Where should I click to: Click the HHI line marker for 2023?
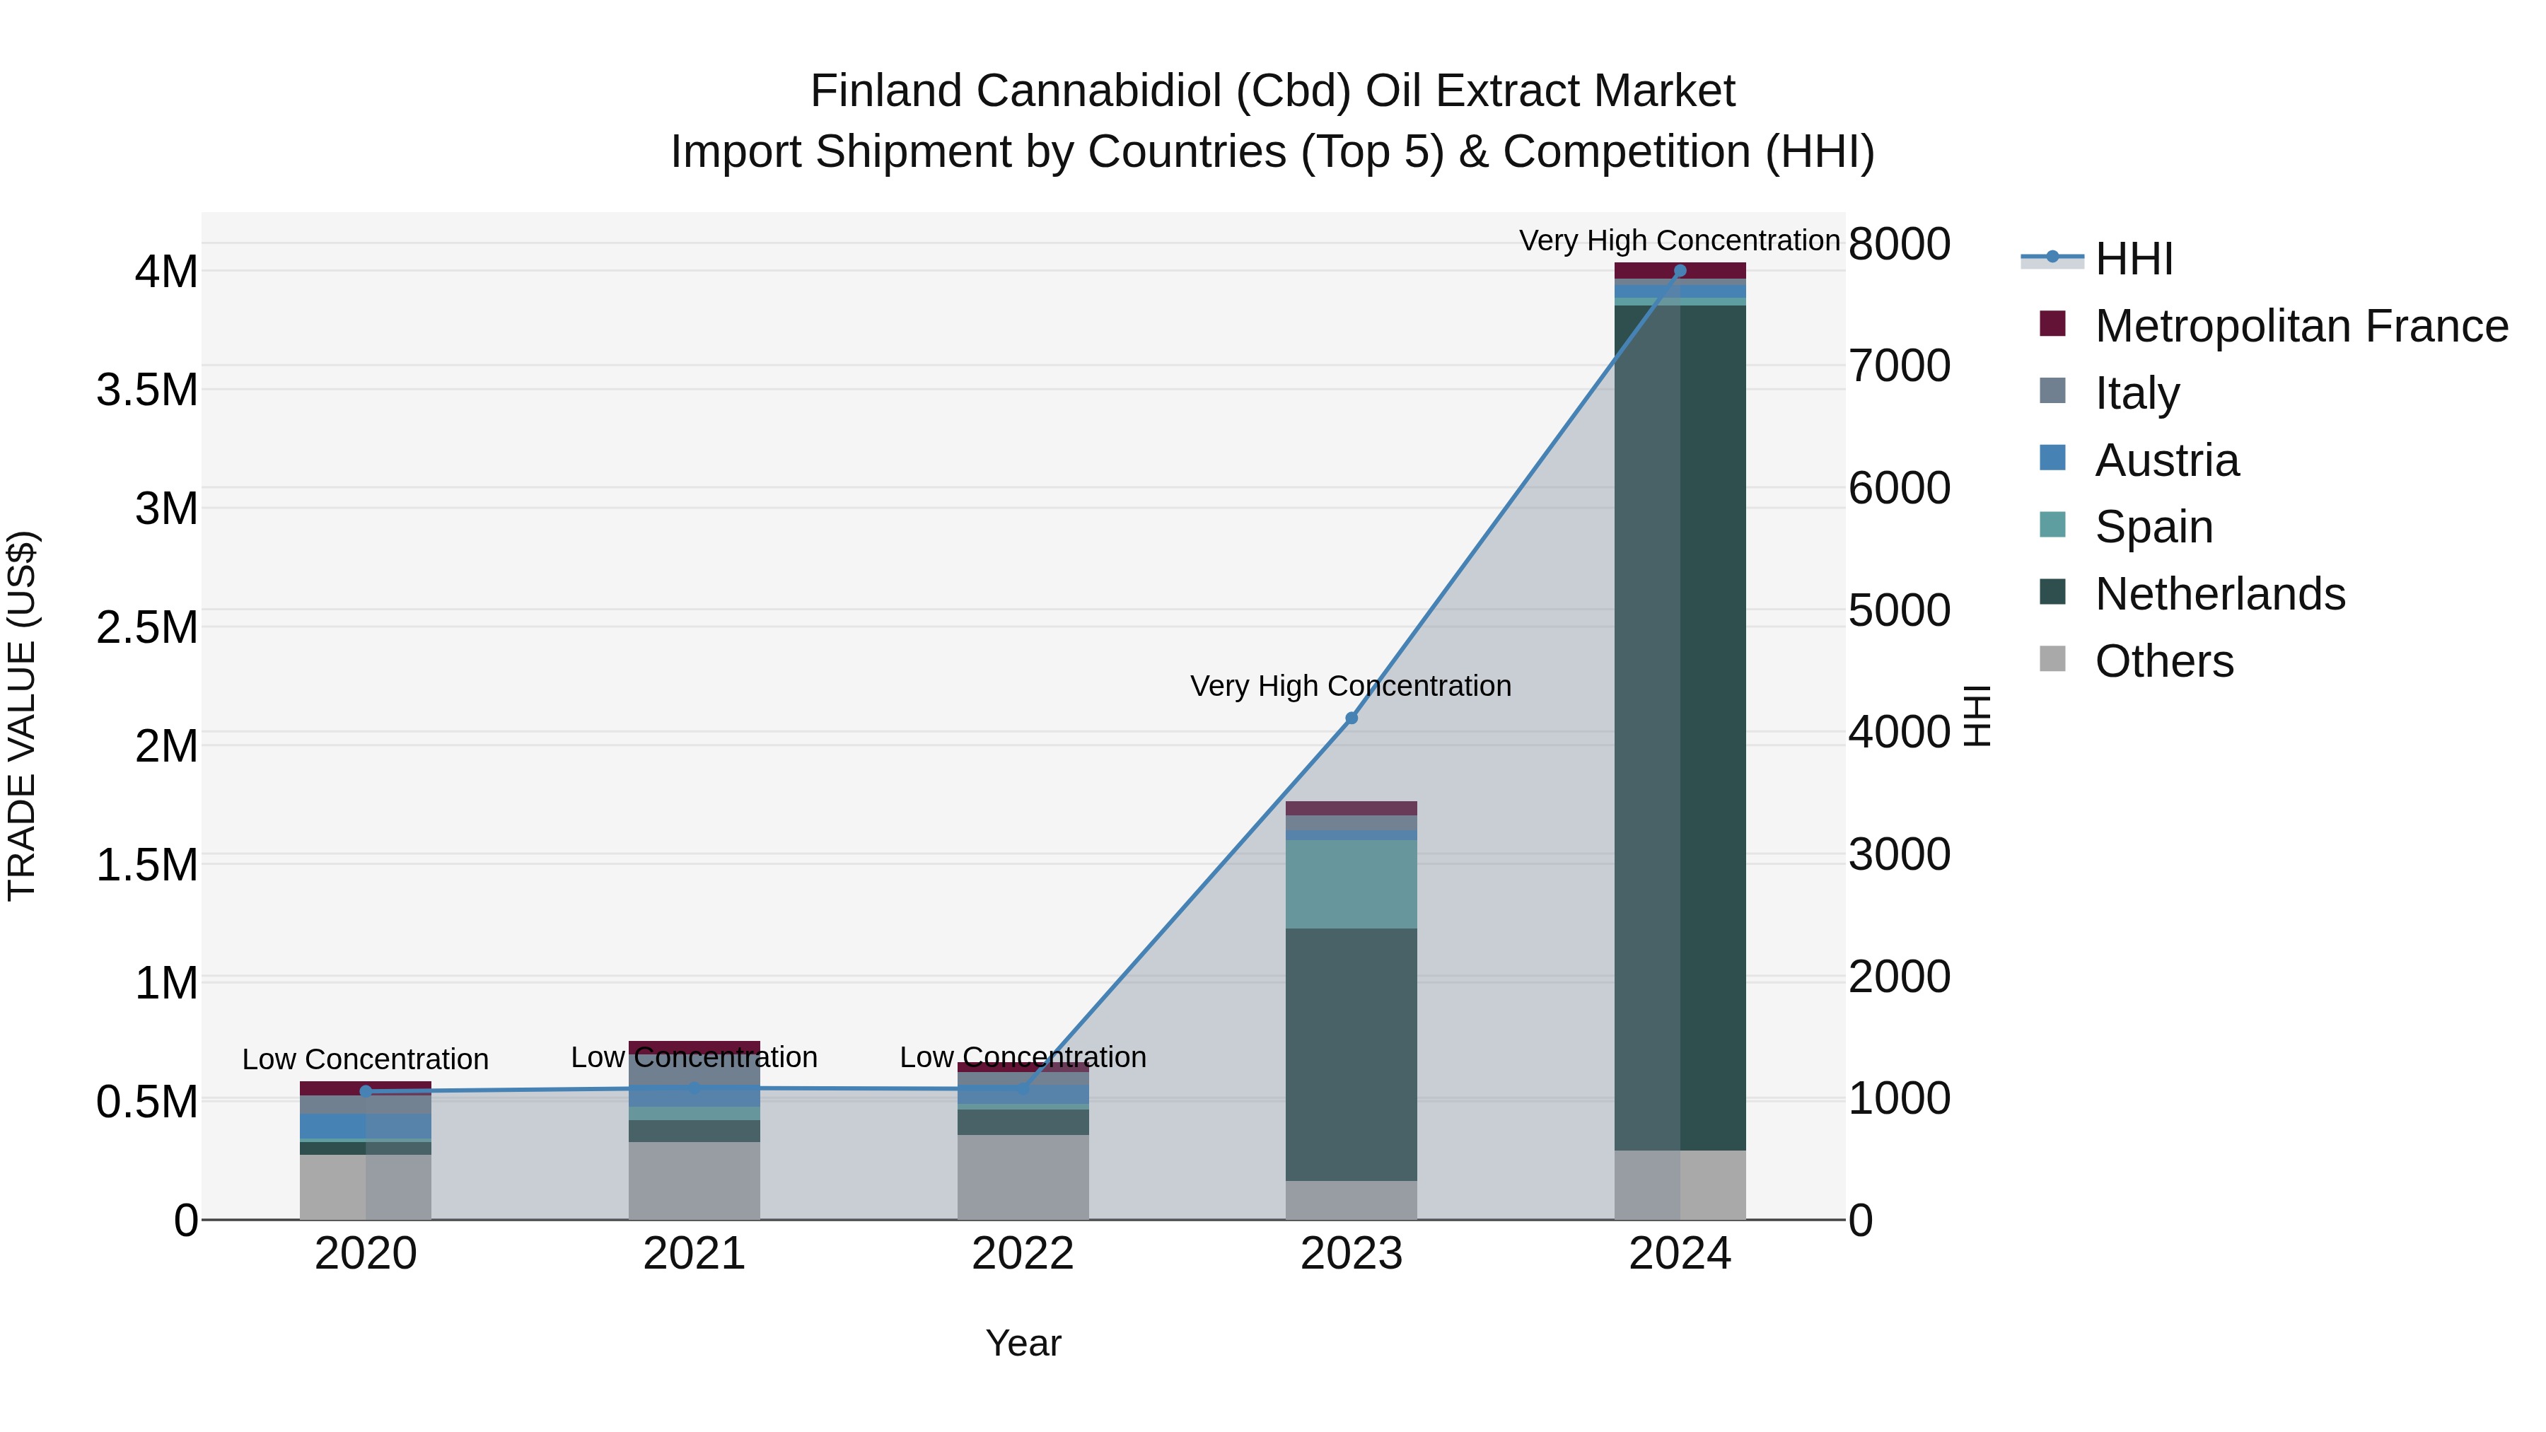point(1351,718)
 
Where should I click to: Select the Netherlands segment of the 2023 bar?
point(1351,1054)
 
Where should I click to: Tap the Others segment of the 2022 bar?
point(1023,1176)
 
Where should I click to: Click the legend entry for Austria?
point(2166,460)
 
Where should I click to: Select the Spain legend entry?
point(2153,527)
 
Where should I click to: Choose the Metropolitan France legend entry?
point(2300,326)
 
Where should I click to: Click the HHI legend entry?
point(2133,259)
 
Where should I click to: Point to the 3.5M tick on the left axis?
point(147,390)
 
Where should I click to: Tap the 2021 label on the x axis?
point(694,1254)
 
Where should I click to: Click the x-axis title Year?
point(1023,1343)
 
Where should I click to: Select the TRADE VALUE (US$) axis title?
point(22,716)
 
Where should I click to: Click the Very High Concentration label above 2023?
point(1350,686)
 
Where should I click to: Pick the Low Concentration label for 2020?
point(365,1059)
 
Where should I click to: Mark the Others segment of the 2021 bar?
point(694,1180)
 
